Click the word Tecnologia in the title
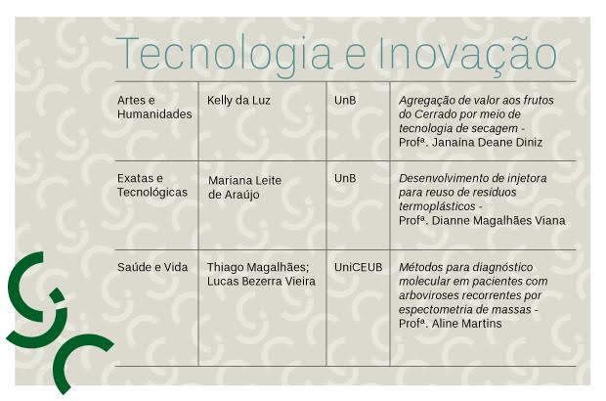(x=224, y=55)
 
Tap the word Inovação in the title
(x=466, y=54)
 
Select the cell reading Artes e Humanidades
(x=154, y=108)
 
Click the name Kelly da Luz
(x=238, y=101)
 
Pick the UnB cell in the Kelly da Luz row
(x=345, y=101)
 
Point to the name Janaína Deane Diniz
(x=487, y=143)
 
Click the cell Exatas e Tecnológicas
(x=152, y=185)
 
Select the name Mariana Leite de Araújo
(x=244, y=188)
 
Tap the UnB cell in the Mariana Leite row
(x=345, y=178)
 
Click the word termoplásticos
(x=437, y=206)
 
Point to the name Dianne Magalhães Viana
(x=498, y=221)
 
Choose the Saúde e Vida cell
(x=152, y=267)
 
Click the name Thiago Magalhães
(x=257, y=267)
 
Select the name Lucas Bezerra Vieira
(x=261, y=282)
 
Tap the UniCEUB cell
(x=359, y=267)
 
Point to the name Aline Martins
(x=466, y=324)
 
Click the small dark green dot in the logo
(x=58, y=294)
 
